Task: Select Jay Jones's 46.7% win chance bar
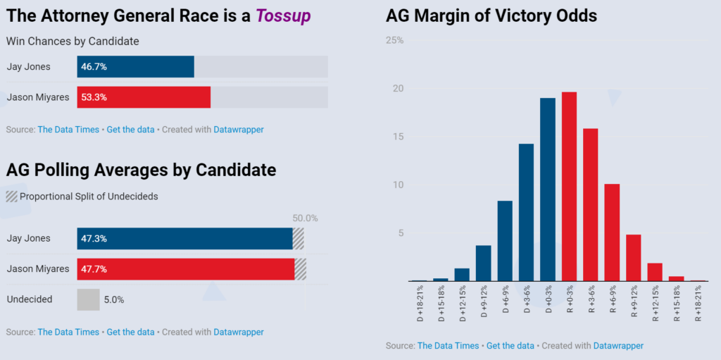(x=135, y=67)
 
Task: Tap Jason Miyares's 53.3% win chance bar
(x=144, y=97)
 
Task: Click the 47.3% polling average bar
(x=184, y=239)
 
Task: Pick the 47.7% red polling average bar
(x=186, y=268)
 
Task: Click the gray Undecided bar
(x=88, y=299)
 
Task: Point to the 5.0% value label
(x=114, y=299)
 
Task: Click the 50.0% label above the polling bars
(x=304, y=218)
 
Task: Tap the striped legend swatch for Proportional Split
(x=11, y=197)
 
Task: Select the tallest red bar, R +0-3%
(x=569, y=187)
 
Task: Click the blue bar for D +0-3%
(x=548, y=190)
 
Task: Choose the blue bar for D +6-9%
(x=505, y=241)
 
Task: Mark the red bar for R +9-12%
(x=634, y=258)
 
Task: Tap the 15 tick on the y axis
(x=398, y=137)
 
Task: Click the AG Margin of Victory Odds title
(x=491, y=15)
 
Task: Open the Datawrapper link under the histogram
(x=618, y=345)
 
